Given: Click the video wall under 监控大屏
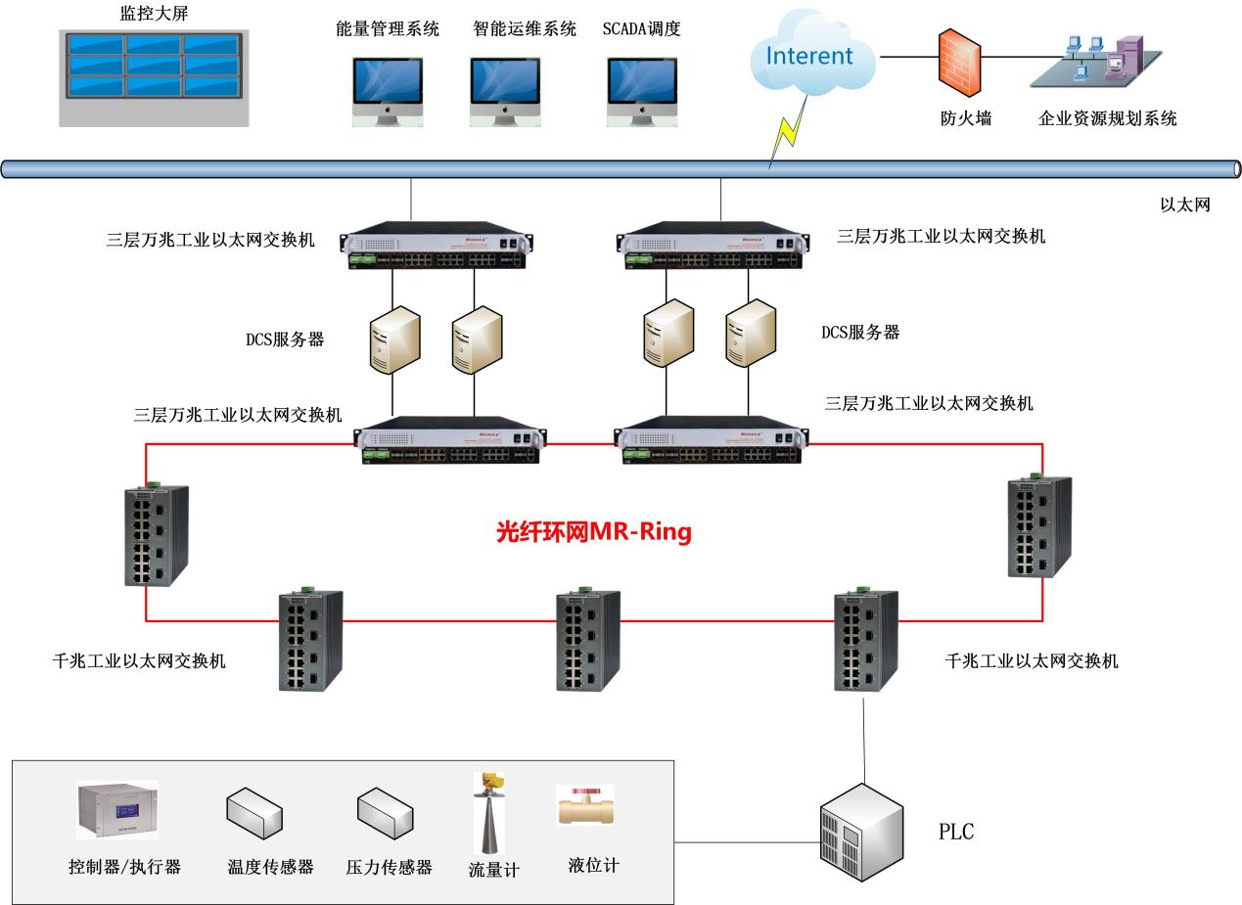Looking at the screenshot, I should pos(154,77).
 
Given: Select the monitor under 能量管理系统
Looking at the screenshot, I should pos(388,90).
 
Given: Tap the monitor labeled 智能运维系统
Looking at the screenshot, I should pos(505,90).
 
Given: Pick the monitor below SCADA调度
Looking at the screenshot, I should pos(642,90).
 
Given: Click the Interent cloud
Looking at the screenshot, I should pos(808,57).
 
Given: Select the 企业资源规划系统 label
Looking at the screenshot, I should pos(1107,119).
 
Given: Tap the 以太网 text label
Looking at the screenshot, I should pos(1185,204).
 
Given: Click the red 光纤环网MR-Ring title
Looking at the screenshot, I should pos(594,532).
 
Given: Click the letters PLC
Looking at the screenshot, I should pos(956,834).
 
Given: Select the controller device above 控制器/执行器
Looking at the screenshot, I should pos(117,810).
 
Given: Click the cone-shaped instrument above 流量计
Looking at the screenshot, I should pos(489,812).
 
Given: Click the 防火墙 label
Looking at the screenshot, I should pos(966,119).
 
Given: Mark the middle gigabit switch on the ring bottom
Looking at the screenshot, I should pos(588,641).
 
